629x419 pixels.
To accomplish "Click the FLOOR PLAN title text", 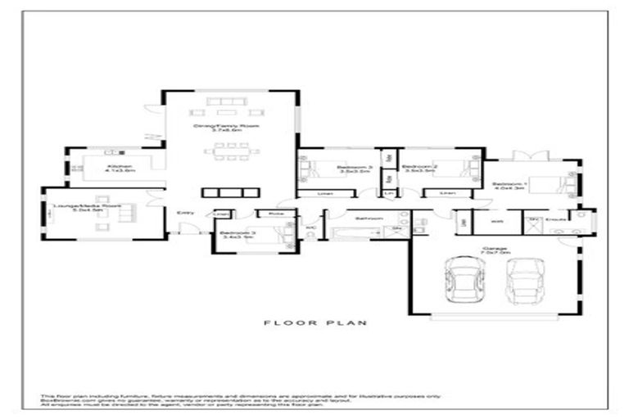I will (314, 323).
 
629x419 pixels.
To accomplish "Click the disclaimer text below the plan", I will (246, 400).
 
